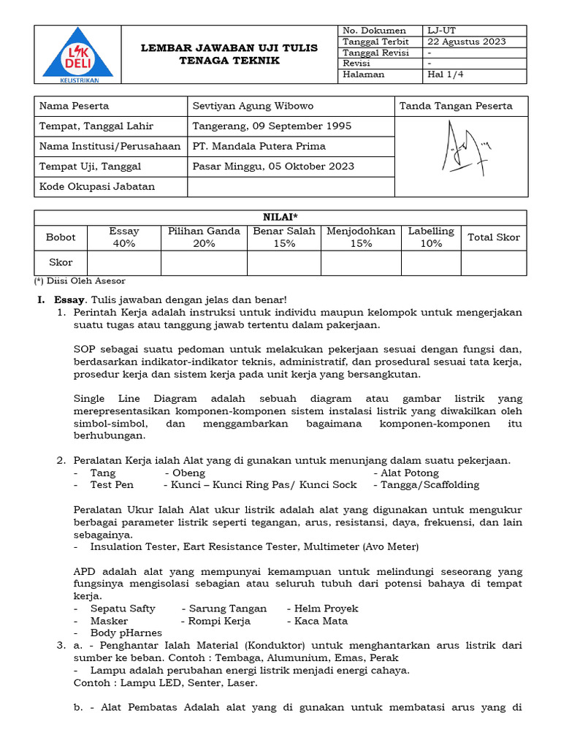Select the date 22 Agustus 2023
[467, 42]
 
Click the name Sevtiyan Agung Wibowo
[253, 106]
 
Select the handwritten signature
[461, 150]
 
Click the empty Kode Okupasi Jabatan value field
[290, 186]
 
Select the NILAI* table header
[280, 217]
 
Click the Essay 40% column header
[123, 237]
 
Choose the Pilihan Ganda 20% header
[204, 237]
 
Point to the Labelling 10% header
[430, 237]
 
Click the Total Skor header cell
[493, 237]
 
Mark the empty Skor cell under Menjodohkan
[361, 262]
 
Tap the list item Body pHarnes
[126, 633]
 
